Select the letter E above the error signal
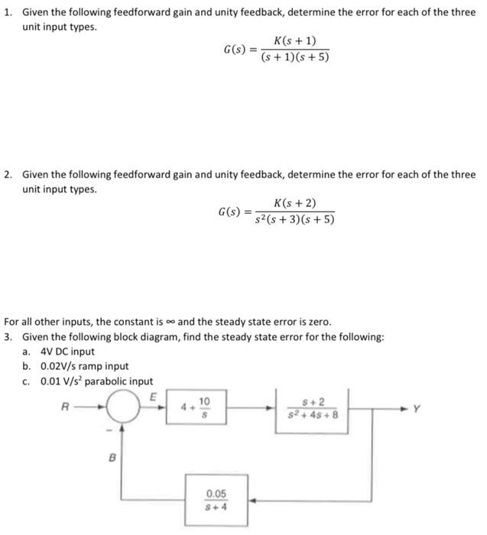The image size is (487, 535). coord(153,397)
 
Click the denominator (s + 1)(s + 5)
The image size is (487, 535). coord(295,57)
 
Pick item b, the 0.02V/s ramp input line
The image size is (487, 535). coord(75,366)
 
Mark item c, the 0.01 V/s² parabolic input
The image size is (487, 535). coord(87,381)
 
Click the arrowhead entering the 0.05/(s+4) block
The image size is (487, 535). coord(252,500)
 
